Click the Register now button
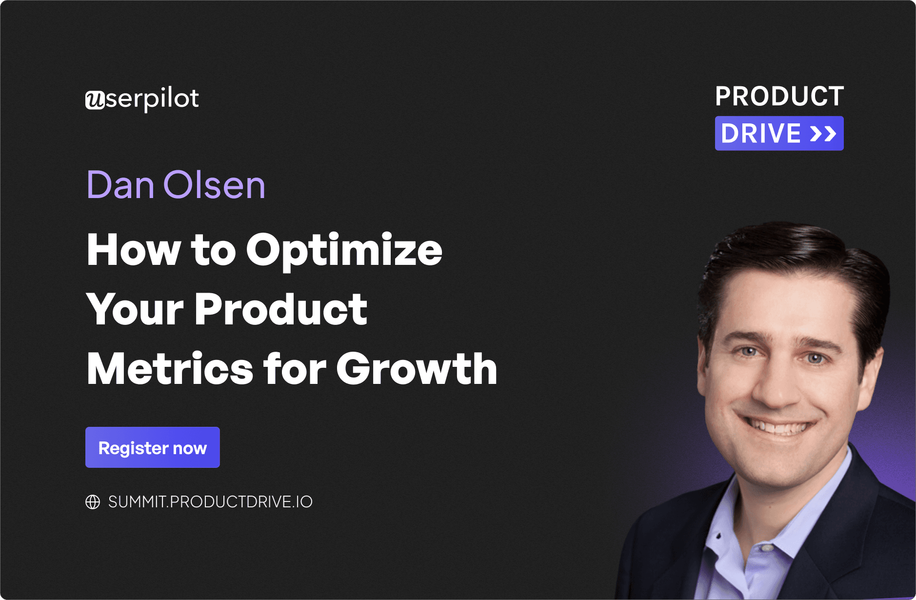click(152, 447)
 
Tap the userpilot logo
click(142, 99)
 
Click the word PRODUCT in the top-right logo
click(779, 96)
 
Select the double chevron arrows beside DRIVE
click(823, 134)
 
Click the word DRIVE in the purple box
click(761, 134)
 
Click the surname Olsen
click(214, 185)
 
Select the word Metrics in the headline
click(170, 369)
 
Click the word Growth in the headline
click(417, 369)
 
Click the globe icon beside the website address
click(93, 501)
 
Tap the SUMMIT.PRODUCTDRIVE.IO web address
click(210, 501)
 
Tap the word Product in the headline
click(280, 309)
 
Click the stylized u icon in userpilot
click(95, 100)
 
